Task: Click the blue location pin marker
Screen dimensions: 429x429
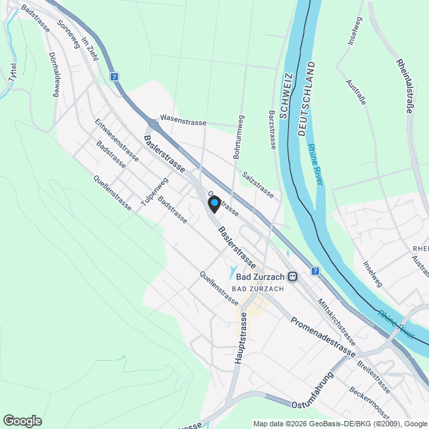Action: coord(214,203)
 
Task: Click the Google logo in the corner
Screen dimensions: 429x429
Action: coord(22,420)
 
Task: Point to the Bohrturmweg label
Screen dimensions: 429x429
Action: coord(237,137)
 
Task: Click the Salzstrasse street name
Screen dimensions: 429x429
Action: coord(258,184)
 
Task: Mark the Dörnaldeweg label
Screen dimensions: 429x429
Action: coord(54,76)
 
